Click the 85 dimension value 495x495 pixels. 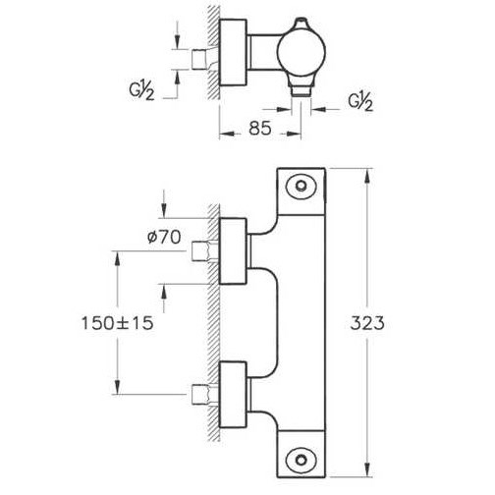260,128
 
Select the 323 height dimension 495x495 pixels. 367,323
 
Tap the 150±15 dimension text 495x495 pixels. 117,323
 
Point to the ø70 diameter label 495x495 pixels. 164,237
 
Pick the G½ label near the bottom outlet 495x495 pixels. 360,102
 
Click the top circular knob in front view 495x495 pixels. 302,187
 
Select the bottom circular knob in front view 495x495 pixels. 302,460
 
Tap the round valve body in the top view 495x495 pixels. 302,54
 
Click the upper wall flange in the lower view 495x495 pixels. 233,250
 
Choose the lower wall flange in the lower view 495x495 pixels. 233,395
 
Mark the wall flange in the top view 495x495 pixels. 233,53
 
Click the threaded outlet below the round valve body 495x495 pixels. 302,89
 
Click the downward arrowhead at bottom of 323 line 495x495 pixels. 367,469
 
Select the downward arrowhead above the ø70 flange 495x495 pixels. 164,209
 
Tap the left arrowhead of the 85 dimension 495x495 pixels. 227,134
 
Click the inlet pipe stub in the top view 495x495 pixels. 198,59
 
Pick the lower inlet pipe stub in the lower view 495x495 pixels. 198,395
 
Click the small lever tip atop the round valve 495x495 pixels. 301,23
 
